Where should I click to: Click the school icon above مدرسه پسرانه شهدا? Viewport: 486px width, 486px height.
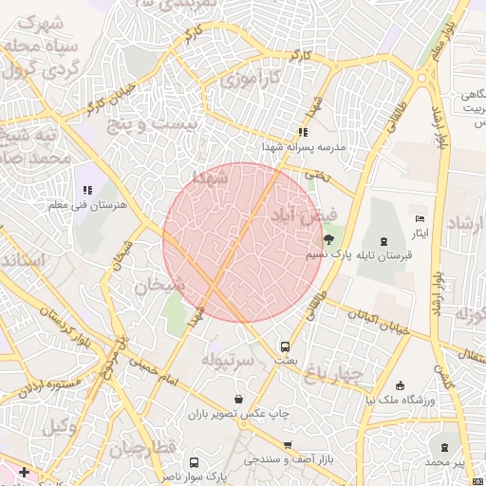[303, 133]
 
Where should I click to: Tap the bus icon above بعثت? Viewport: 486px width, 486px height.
[285, 347]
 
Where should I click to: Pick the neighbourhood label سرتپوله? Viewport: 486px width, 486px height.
[228, 360]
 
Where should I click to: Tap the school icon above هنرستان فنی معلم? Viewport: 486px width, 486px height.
[88, 190]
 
